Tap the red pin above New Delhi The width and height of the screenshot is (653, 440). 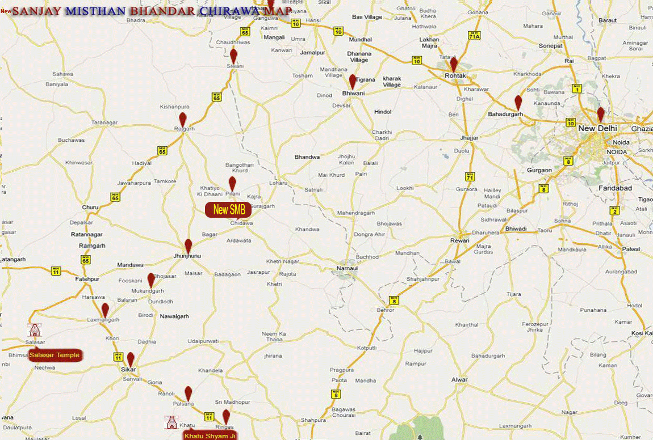601,114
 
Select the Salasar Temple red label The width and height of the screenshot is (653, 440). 55,355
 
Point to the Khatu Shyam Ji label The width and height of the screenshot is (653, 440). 210,435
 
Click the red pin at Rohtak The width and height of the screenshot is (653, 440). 453,64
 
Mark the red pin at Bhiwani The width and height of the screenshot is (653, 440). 353,81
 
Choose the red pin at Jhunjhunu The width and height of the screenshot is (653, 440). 189,246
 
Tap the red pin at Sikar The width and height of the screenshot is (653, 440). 131,359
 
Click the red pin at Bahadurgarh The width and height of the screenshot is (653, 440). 518,102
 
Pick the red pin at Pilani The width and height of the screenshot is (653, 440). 232,183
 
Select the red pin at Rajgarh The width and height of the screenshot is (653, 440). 183,119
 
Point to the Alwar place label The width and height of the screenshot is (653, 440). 459,379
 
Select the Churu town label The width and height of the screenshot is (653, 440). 90,207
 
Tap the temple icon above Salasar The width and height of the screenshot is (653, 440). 35,331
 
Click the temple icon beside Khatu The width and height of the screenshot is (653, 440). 170,422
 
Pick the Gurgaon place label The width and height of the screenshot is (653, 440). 539,170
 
